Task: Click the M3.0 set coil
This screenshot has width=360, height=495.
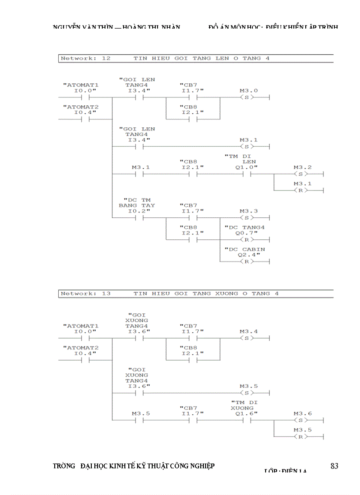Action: click(247, 97)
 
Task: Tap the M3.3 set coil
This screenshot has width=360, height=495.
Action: click(247, 218)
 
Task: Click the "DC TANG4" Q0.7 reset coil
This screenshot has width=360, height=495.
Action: click(247, 239)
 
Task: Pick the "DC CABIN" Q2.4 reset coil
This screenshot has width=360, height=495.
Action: click(247, 261)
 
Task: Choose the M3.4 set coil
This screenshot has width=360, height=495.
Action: click(247, 338)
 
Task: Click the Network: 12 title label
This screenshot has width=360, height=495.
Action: click(86, 58)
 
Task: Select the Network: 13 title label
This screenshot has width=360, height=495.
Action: click(86, 294)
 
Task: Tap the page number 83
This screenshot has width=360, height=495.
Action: click(334, 466)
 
